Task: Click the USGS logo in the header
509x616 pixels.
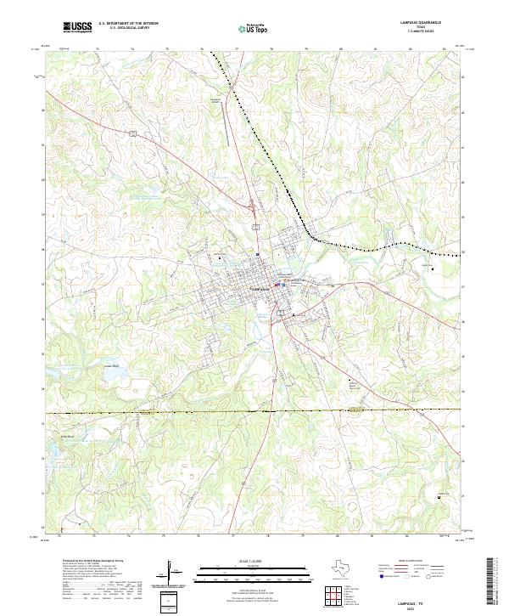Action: [77, 27]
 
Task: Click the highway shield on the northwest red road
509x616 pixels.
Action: [132, 133]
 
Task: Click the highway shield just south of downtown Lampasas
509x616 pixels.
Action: [294, 315]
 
